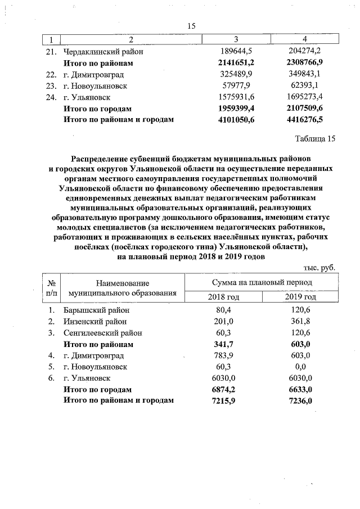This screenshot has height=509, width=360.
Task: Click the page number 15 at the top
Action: pyautogui.click(x=191, y=26)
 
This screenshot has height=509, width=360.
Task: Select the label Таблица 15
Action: pyautogui.click(x=314, y=138)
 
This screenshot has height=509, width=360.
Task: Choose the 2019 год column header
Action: pyautogui.click(x=301, y=296)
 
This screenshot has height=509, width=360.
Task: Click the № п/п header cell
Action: pyautogui.click(x=51, y=288)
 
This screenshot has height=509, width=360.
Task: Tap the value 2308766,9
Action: pyautogui.click(x=304, y=63)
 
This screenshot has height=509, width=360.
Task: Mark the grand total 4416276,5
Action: pyautogui.click(x=304, y=119)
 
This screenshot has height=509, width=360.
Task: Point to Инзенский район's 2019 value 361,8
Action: pyautogui.click(x=301, y=322)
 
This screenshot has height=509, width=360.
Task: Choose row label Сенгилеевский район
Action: pyautogui.click(x=102, y=333)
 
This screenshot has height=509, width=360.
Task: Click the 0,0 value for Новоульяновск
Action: pyautogui.click(x=301, y=367)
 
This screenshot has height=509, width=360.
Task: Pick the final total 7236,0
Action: pyautogui.click(x=301, y=400)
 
